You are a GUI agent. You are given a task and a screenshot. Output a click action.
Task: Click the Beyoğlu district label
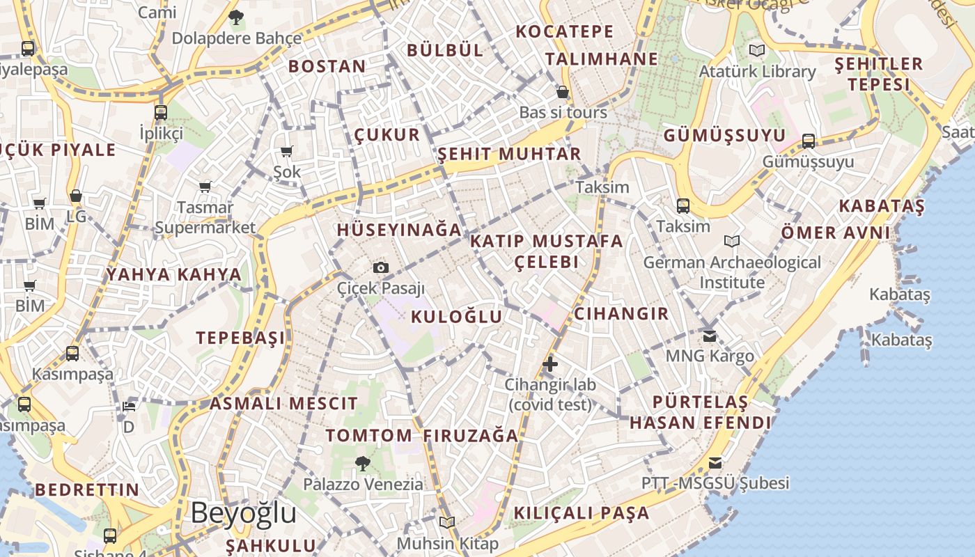[x=243, y=513]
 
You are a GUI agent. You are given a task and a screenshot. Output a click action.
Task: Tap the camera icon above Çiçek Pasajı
[x=380, y=267]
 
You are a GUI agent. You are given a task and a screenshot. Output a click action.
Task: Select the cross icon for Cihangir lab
[x=550, y=363]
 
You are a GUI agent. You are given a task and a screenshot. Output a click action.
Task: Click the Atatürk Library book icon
[x=756, y=50]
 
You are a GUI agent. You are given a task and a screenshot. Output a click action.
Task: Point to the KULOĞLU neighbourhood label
[x=456, y=317]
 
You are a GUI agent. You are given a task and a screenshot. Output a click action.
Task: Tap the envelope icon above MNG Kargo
[x=710, y=336]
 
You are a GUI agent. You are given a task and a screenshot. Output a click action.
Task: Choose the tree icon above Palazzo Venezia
[x=362, y=463]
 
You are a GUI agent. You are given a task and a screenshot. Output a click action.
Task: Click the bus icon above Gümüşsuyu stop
[x=808, y=141]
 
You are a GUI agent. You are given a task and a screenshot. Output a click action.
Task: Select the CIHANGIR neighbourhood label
[x=621, y=314]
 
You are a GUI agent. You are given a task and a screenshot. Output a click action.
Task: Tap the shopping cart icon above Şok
[x=286, y=151]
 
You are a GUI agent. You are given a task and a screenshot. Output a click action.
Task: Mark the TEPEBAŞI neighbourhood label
[x=240, y=338]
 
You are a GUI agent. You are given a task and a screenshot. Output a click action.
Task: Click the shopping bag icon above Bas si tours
[x=563, y=92]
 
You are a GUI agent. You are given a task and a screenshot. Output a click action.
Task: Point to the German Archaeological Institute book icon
[x=731, y=241]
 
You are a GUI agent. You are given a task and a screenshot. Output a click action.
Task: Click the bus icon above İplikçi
[x=161, y=112]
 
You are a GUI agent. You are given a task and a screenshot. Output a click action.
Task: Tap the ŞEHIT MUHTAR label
[x=509, y=154]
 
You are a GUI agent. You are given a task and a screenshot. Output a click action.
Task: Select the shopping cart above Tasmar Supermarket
[x=205, y=187]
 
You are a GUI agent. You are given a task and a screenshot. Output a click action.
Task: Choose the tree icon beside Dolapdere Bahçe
[x=236, y=17]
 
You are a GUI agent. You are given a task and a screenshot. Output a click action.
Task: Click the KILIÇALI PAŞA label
[x=581, y=513]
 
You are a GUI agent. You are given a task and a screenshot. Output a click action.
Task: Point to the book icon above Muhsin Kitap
[x=447, y=522]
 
